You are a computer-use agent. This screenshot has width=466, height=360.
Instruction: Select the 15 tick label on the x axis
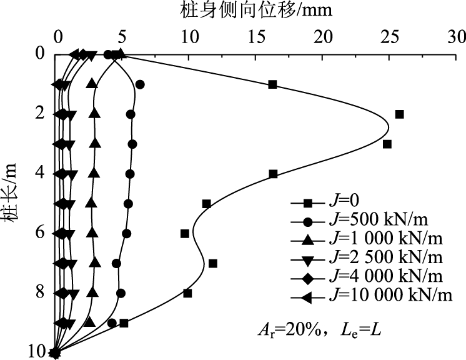[x=255, y=37]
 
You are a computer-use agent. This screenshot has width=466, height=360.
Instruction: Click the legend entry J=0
[x=344, y=203]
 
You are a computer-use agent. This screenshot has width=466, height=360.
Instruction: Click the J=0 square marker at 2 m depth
[x=400, y=114]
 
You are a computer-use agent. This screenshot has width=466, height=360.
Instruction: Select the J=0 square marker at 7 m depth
[x=213, y=263]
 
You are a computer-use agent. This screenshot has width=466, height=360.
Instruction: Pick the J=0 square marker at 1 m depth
[x=272, y=84]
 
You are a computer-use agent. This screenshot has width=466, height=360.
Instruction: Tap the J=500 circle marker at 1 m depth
[x=140, y=84]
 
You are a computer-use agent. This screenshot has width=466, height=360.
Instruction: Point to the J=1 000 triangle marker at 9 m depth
[x=89, y=322]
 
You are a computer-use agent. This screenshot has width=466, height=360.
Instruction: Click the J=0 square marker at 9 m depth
[x=124, y=322]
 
